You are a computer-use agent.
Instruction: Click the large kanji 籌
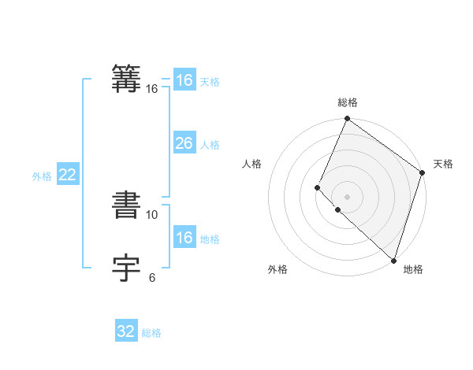point(127,79)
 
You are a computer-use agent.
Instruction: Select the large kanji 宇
point(127,268)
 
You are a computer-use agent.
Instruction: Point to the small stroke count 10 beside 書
point(152,214)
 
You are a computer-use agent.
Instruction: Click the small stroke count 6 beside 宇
point(151,277)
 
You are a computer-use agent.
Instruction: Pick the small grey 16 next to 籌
point(152,89)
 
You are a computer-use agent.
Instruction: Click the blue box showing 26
point(184,143)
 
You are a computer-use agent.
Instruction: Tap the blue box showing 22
point(67,175)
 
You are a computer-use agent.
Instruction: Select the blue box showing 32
point(126,331)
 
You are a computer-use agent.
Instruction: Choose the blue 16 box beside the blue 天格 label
point(184,80)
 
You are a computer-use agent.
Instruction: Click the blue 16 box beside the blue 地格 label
point(184,238)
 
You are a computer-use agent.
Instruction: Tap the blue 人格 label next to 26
point(210,145)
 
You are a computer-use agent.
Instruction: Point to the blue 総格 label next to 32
point(151,333)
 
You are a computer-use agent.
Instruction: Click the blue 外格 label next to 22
point(42,176)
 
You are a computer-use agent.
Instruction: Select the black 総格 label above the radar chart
point(348,102)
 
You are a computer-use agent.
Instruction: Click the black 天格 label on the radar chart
point(443,164)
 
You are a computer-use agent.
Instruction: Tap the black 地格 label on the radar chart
point(413,269)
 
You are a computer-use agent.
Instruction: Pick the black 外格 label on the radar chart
point(277,269)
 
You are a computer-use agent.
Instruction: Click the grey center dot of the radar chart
point(347,197)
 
